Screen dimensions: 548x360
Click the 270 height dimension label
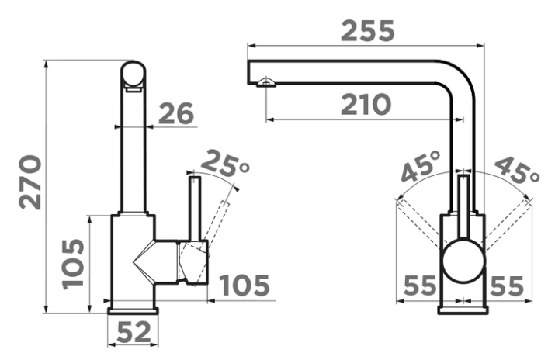tap(30, 182)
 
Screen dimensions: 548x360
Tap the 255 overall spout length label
tap(367, 31)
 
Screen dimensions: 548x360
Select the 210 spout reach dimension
tap(366, 105)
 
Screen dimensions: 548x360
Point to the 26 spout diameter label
tap(175, 113)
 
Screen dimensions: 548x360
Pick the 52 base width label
tap(134, 332)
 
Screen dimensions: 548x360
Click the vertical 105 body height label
tap(74, 264)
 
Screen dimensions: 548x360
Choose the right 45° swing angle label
tap(517, 170)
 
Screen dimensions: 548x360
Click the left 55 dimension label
tap(420, 286)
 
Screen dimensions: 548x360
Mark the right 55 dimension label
tap(507, 286)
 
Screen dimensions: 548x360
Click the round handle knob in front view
tap(463, 261)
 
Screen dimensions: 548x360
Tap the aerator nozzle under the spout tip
tap(265, 83)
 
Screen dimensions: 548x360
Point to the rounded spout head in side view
tap(133, 74)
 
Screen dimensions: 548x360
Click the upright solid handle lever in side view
tap(195, 209)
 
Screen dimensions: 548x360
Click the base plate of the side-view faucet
tap(134, 311)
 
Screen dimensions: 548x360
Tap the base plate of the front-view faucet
tap(463, 310)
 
